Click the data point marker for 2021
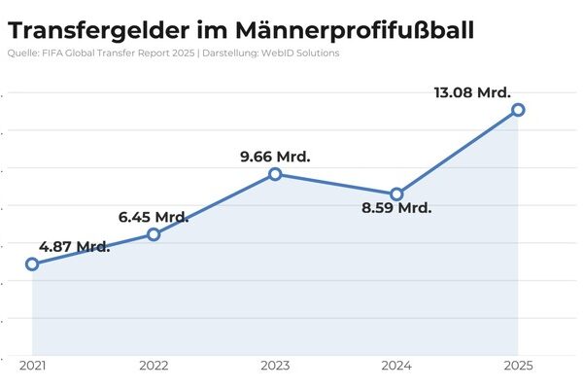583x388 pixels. pos(32,265)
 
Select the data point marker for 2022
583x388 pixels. pos(154,234)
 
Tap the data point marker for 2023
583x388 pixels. pos(275,174)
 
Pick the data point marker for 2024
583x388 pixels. pos(396,194)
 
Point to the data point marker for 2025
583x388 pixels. pos(518,110)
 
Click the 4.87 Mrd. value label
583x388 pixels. pos(75,246)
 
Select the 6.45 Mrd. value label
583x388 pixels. pos(154,217)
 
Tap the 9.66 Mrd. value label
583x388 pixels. pos(275,157)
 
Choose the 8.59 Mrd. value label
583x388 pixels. pos(396,207)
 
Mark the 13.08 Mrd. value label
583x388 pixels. pos(472,92)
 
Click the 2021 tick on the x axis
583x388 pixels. pos(33,366)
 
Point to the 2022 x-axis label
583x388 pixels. pos(154,366)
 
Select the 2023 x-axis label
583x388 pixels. pos(276,366)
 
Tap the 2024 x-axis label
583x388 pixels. pos(396,366)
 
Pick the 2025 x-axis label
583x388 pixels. pos(518,366)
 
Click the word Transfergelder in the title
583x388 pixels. pos(98,31)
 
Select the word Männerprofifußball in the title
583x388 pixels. pos(355,31)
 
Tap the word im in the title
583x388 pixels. pos(212,30)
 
